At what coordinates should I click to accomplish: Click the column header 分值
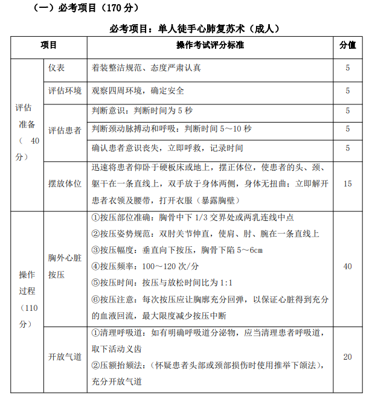coord(347,45)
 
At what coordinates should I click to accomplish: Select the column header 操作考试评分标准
coord(210,45)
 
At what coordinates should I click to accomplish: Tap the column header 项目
coord(49,45)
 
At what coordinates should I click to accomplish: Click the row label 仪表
coord(57,68)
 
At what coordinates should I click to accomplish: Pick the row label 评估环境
coord(65,91)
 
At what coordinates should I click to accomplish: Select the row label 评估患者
coord(65,129)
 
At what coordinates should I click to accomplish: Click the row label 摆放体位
coord(65,184)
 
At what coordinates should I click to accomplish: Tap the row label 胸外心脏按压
coord(65,266)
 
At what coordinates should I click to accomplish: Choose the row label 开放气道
coord(65,357)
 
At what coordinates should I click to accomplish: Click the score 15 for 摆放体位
coord(347,184)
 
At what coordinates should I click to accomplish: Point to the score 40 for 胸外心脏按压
coord(347,266)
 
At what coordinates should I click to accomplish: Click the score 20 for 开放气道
coord(347,357)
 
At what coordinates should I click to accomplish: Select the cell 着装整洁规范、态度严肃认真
coord(146,68)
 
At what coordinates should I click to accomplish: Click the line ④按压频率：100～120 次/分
coord(147,266)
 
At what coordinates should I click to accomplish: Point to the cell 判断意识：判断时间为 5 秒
coord(141,110)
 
